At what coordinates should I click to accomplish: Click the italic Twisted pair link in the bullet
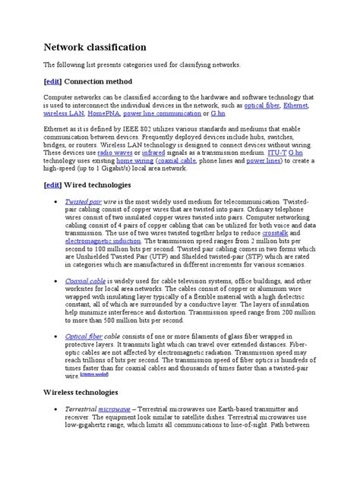click(83, 202)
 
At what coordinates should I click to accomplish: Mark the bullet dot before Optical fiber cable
click(56, 335)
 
